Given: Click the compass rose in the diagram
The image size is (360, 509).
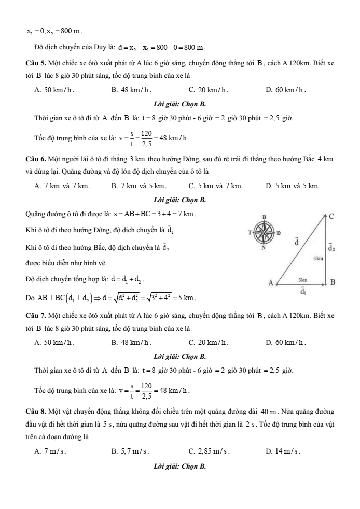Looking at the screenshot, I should (265, 234).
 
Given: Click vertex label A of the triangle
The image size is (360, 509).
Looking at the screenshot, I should (270, 282).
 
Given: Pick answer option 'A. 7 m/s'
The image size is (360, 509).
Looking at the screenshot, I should (50, 451).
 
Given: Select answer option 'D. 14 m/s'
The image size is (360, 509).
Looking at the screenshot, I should (283, 451).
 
